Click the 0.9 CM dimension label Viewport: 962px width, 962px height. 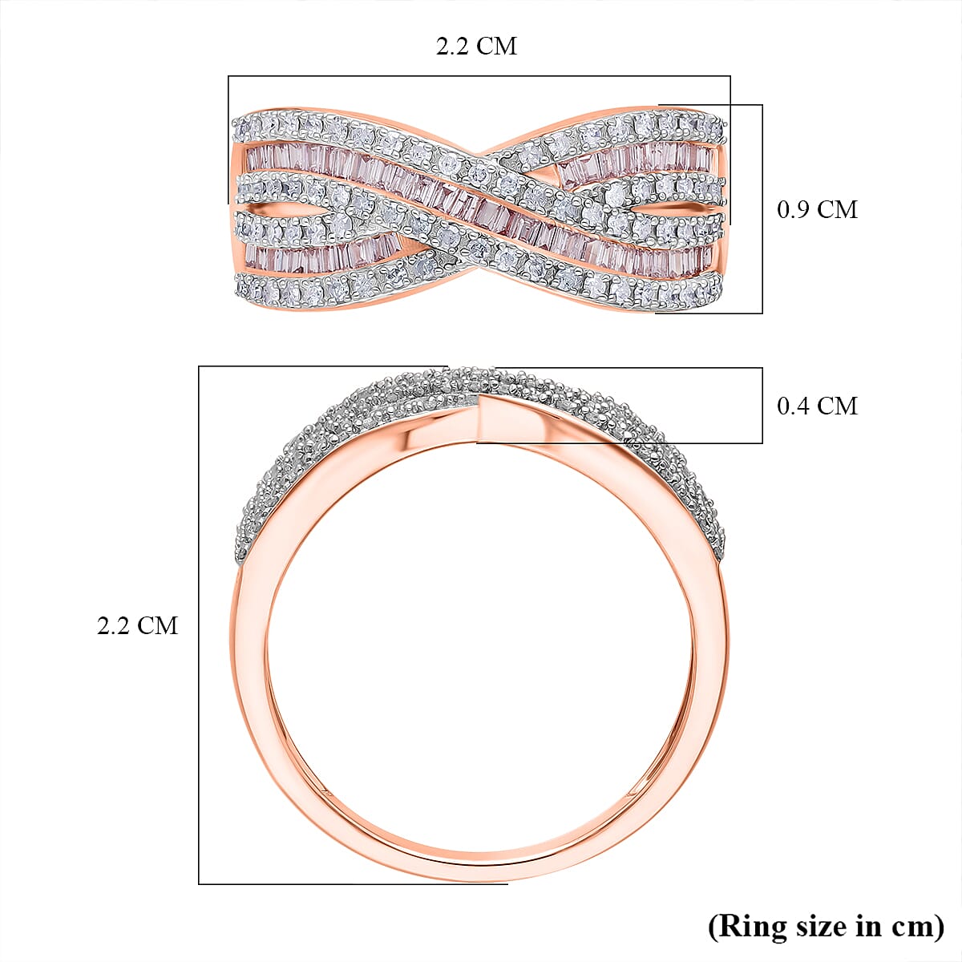click(x=817, y=210)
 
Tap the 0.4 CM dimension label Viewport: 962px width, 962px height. click(x=817, y=406)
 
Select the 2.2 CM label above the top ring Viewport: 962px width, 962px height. click(x=476, y=46)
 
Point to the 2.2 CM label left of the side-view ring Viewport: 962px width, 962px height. click(x=137, y=625)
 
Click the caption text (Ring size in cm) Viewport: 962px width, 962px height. click(x=826, y=927)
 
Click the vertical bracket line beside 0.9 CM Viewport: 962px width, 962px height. click(x=762, y=208)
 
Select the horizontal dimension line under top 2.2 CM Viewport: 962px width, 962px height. click(x=479, y=76)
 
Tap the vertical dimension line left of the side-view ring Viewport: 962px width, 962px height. click(x=199, y=625)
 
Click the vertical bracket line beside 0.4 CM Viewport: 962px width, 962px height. click(x=762, y=406)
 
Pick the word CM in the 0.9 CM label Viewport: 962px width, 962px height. click(x=838, y=210)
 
